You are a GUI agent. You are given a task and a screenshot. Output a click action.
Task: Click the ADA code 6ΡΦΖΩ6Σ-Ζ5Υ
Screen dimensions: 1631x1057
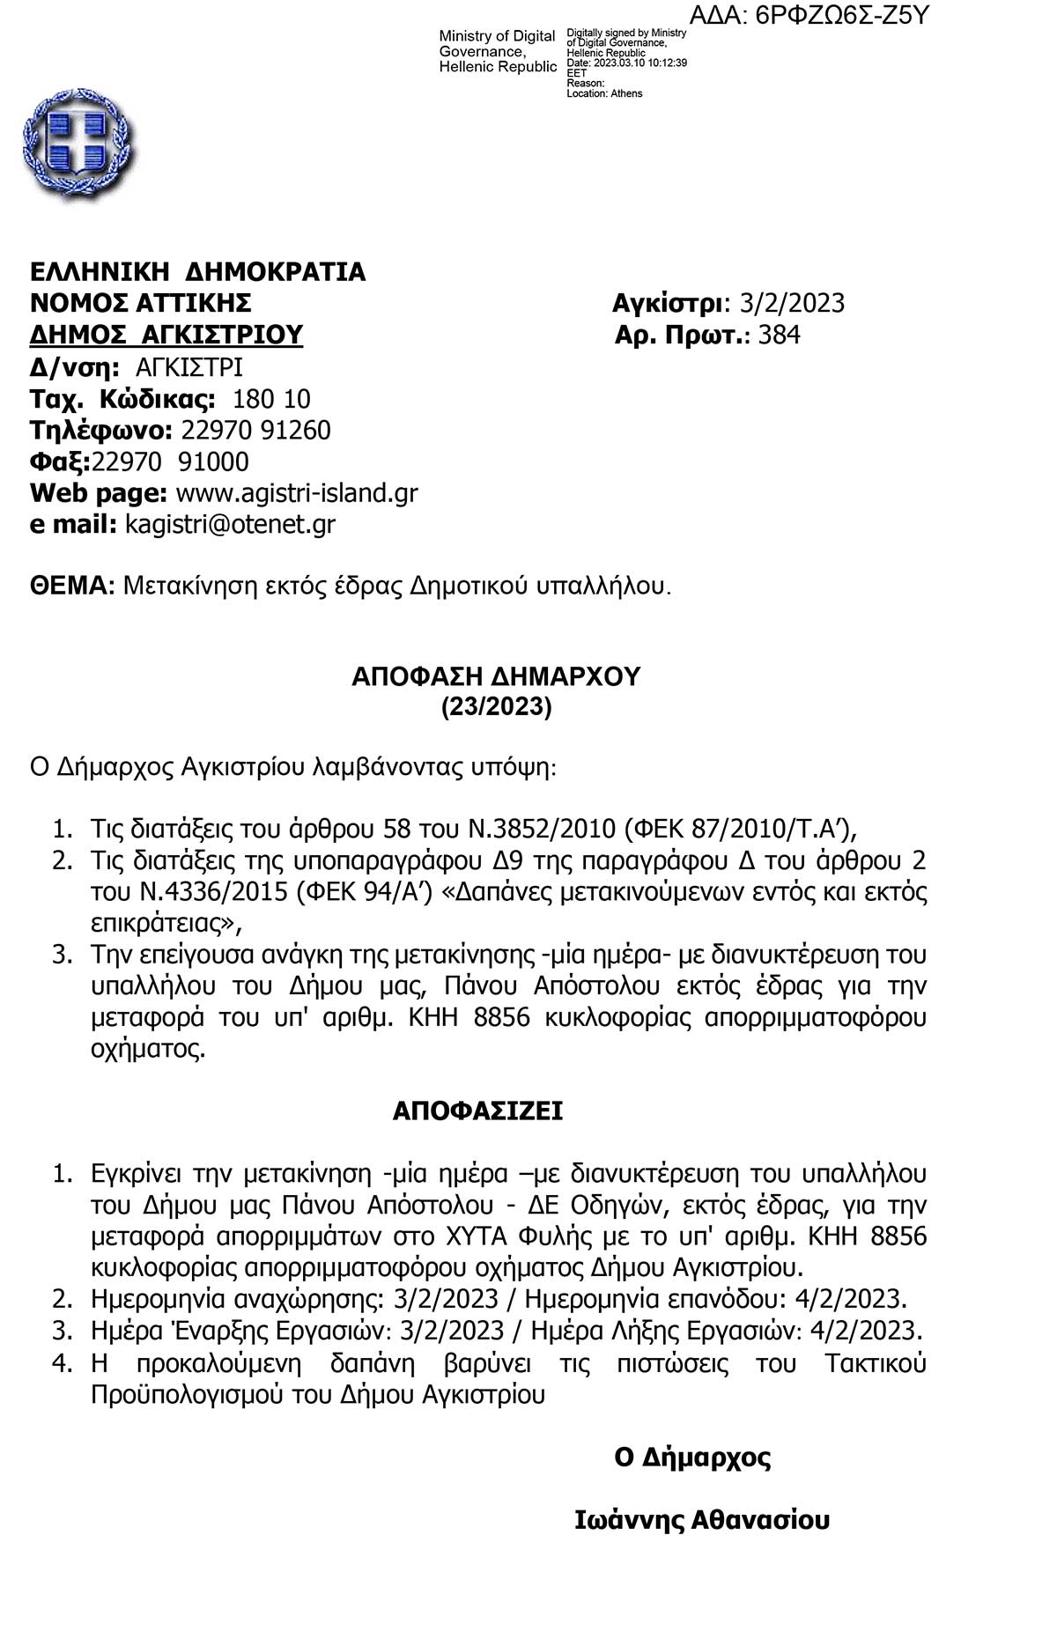(841, 15)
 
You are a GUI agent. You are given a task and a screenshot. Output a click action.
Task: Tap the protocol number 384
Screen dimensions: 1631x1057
(779, 336)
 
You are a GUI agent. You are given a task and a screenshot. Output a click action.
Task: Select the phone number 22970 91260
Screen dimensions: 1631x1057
(255, 431)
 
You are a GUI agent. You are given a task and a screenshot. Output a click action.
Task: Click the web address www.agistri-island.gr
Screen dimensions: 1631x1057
(297, 493)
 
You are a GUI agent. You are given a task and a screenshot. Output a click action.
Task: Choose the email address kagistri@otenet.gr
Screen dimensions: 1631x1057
(230, 525)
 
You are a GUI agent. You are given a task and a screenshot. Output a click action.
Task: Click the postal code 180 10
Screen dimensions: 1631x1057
(271, 400)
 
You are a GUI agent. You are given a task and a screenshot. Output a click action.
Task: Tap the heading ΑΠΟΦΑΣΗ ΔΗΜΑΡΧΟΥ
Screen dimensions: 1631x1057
(496, 676)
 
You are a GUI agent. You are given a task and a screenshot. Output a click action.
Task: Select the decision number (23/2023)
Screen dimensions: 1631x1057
(496, 707)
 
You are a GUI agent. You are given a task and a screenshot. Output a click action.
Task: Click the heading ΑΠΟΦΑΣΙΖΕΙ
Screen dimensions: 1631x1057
(477, 1111)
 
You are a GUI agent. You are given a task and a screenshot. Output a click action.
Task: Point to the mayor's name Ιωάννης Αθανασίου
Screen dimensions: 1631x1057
(702, 1521)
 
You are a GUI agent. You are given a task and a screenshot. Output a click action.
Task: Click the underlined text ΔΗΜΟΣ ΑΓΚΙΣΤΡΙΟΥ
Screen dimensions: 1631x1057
(166, 336)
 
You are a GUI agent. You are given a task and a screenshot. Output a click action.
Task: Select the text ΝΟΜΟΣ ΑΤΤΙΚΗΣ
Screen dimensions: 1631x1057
(141, 304)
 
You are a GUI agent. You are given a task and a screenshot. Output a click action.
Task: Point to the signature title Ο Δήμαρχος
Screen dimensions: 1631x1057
(692, 1458)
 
